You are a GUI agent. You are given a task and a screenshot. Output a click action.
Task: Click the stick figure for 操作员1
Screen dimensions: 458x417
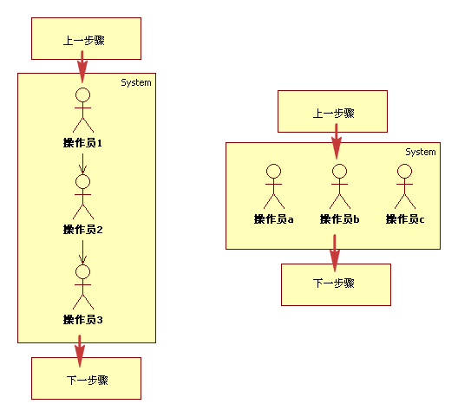point(83,110)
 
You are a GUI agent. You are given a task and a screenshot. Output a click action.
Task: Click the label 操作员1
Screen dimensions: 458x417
point(82,143)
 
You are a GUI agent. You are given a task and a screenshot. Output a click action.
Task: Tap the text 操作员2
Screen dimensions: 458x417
point(83,230)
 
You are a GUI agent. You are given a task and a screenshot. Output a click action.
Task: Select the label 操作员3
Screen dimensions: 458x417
point(83,320)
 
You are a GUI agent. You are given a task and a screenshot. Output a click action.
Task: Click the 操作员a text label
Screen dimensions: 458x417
point(274,219)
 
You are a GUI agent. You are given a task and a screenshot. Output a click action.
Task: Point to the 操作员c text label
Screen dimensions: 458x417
point(405,219)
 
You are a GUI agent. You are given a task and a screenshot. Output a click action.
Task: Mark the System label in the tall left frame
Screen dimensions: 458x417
point(136,82)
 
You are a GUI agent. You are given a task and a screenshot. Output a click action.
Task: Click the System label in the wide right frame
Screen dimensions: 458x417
point(421,152)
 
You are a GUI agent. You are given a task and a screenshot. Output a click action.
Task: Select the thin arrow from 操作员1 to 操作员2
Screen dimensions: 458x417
point(83,164)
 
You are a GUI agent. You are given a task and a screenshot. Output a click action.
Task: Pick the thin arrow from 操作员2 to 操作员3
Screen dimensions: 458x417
point(83,252)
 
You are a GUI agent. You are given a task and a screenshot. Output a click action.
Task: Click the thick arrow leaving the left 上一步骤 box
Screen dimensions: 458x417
point(82,67)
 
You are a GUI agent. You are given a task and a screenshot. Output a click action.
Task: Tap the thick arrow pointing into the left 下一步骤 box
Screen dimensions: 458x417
point(80,351)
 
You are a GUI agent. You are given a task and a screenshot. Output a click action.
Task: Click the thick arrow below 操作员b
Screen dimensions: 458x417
point(335,253)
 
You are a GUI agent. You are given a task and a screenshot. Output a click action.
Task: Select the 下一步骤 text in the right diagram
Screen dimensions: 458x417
point(334,283)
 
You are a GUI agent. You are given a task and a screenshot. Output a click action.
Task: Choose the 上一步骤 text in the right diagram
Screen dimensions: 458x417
point(334,114)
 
